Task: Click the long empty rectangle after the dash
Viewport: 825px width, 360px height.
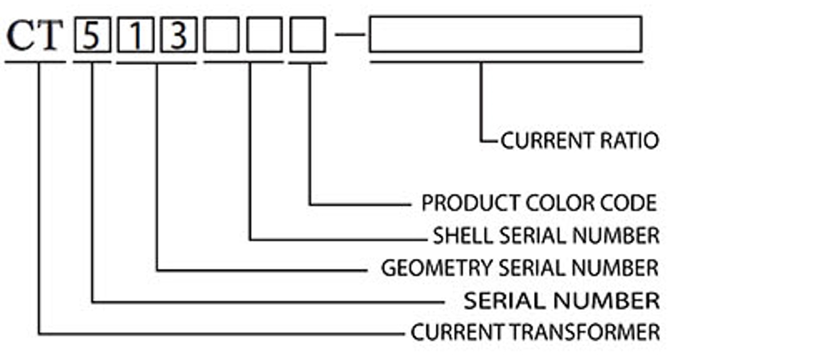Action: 505,34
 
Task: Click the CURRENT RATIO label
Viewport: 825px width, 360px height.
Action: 580,141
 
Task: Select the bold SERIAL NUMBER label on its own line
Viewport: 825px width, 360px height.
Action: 562,300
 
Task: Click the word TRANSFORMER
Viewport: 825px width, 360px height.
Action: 587,332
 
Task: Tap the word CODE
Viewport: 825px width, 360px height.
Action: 630,203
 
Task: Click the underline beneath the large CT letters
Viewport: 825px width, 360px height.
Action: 35,62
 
